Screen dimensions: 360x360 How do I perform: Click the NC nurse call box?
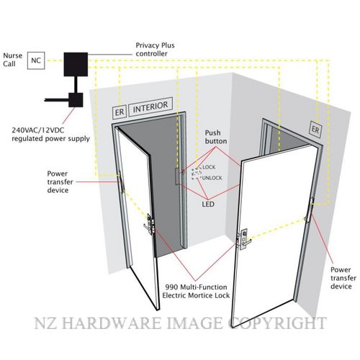[x=36, y=60]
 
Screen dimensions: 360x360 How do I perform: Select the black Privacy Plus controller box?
[x=76, y=64]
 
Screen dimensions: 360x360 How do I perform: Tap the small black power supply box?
[x=76, y=100]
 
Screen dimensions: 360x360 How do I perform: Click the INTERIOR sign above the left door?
[x=150, y=107]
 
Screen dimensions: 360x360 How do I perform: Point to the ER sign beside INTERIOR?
[x=120, y=112]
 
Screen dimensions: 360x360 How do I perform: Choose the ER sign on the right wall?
[x=315, y=130]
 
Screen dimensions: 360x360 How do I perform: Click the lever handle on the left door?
[x=148, y=225]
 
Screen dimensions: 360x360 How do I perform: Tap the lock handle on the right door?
[x=244, y=239]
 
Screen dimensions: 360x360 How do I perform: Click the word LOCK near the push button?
[x=209, y=167]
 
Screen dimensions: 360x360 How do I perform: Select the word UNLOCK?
[x=212, y=178]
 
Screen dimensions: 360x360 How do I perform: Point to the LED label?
[x=208, y=204]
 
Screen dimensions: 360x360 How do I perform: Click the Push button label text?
[x=216, y=137]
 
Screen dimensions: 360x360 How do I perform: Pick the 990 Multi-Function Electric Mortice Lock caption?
[x=196, y=291]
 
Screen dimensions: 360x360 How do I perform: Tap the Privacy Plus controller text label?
[x=155, y=50]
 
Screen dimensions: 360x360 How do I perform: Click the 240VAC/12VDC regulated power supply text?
[x=51, y=135]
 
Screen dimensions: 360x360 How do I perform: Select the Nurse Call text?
[x=12, y=60]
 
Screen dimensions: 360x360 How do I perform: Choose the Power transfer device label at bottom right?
[x=343, y=278]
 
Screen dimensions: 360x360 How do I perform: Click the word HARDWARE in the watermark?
[x=112, y=323]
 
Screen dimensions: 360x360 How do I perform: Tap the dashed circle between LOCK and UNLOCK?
[x=197, y=174]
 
